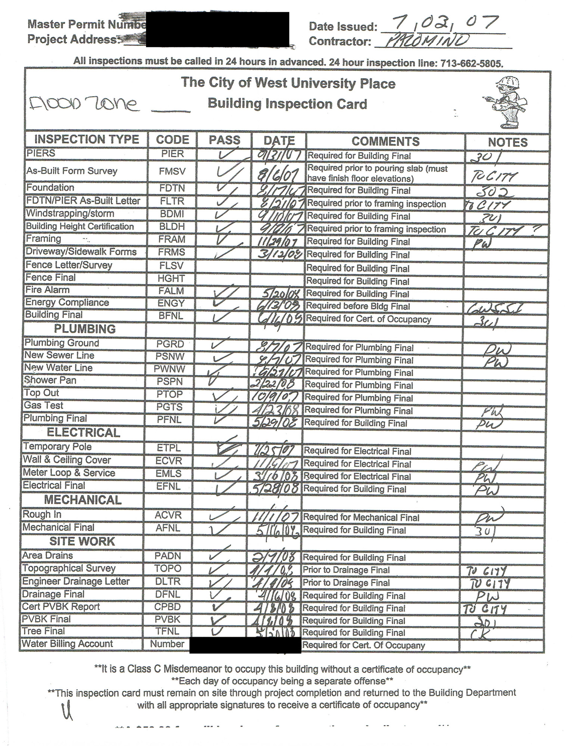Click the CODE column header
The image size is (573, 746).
click(x=172, y=140)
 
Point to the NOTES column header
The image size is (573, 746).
click(x=507, y=142)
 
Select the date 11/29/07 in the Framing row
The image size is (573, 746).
click(x=278, y=242)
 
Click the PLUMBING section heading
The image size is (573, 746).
click(x=85, y=329)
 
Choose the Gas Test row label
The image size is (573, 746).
click(x=44, y=405)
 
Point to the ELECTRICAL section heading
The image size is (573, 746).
click(x=83, y=433)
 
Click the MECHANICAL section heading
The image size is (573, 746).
click(x=83, y=500)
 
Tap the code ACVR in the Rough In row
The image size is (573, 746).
click(x=168, y=515)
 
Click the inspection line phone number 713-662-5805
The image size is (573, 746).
click(x=471, y=63)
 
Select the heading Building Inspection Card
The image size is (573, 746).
click(x=287, y=104)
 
